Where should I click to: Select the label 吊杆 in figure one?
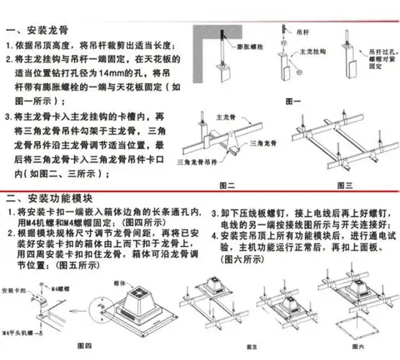(304, 33)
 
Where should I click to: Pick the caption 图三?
(345, 186)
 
